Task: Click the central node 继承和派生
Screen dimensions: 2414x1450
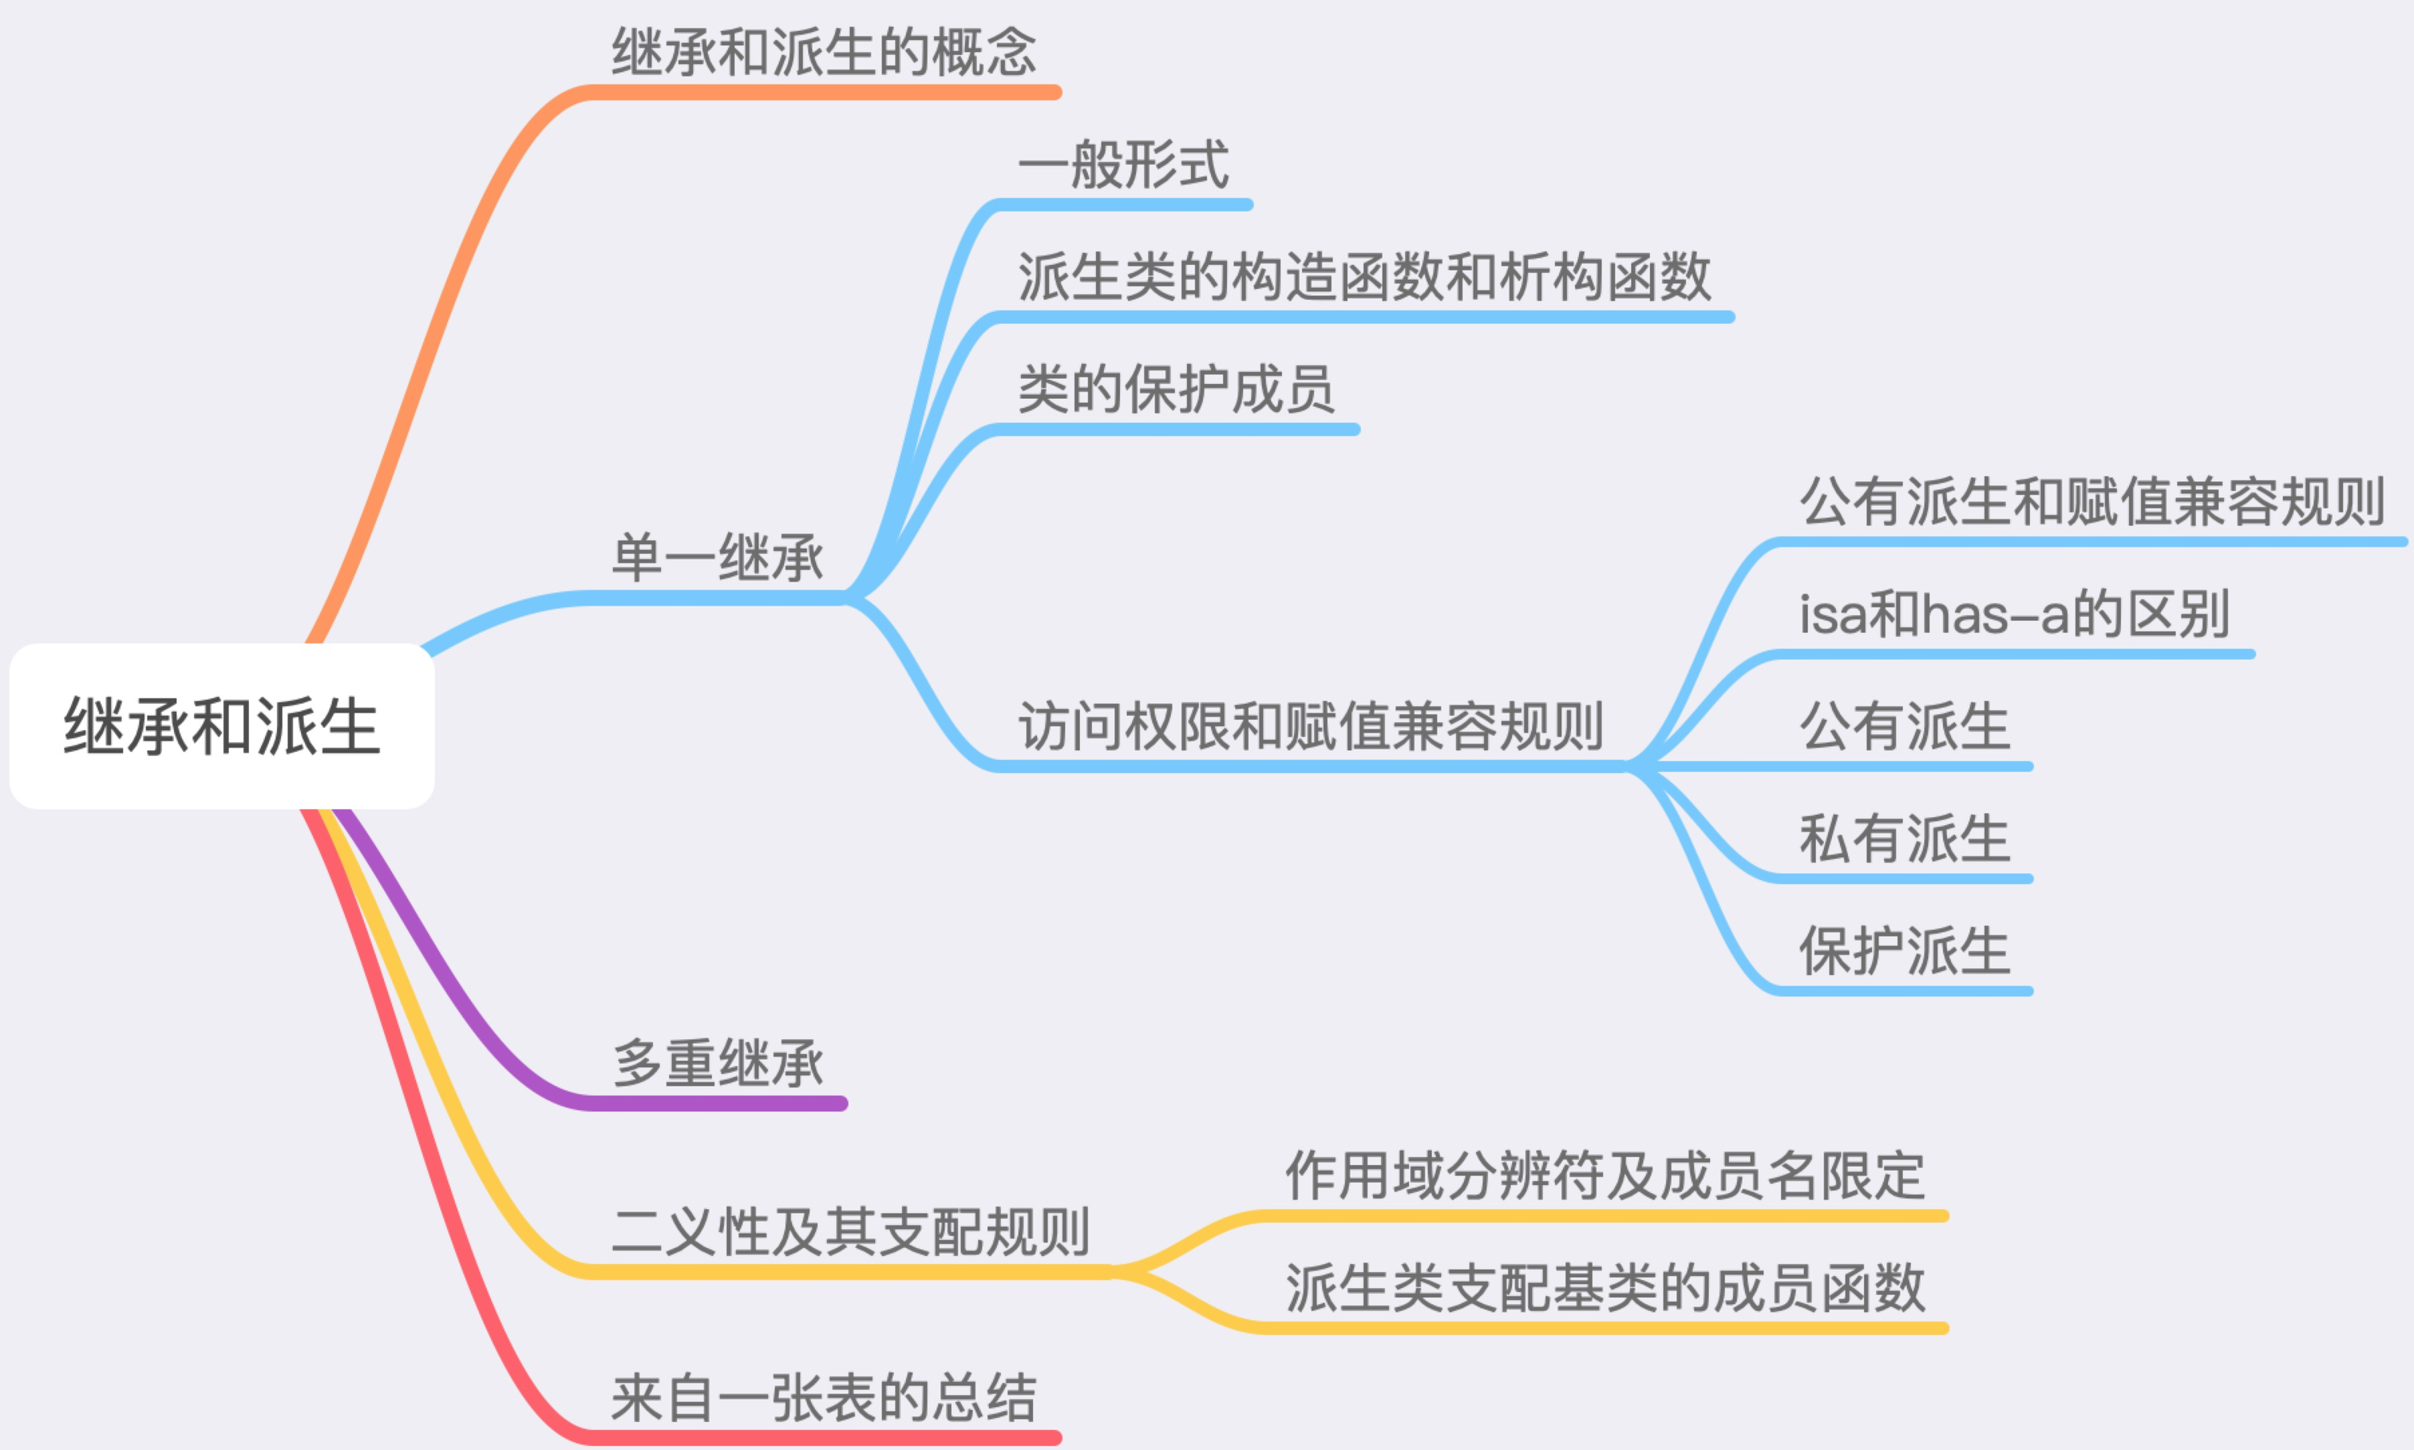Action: [x=222, y=726]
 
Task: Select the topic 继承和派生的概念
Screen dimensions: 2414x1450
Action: [x=823, y=52]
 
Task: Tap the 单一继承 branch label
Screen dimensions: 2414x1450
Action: [x=718, y=558]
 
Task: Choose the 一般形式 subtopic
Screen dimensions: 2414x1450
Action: [x=1123, y=164]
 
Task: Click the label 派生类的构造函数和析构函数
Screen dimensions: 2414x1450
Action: [x=1363, y=277]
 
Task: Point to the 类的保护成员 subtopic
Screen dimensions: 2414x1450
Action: [x=1176, y=389]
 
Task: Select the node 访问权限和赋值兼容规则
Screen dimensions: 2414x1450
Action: [x=1310, y=726]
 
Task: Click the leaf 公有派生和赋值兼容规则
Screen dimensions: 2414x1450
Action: [x=2091, y=501]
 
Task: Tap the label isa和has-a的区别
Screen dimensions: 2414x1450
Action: [x=2013, y=614]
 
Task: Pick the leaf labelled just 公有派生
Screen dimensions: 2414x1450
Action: [x=1904, y=726]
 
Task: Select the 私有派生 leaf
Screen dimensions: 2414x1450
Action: [x=1904, y=839]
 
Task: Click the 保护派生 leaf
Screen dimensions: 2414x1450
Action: [x=1904, y=950]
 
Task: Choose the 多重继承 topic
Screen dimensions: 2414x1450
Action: [x=718, y=1063]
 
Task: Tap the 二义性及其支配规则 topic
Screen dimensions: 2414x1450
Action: [x=850, y=1231]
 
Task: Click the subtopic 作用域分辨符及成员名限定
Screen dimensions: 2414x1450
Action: [x=1604, y=1175]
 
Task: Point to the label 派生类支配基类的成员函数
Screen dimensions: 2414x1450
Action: [x=1604, y=1288]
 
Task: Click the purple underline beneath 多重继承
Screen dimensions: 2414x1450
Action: [x=718, y=1103]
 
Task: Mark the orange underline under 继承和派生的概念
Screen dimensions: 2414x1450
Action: [x=823, y=93]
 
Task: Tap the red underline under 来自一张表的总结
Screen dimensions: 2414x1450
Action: [x=823, y=1437]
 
